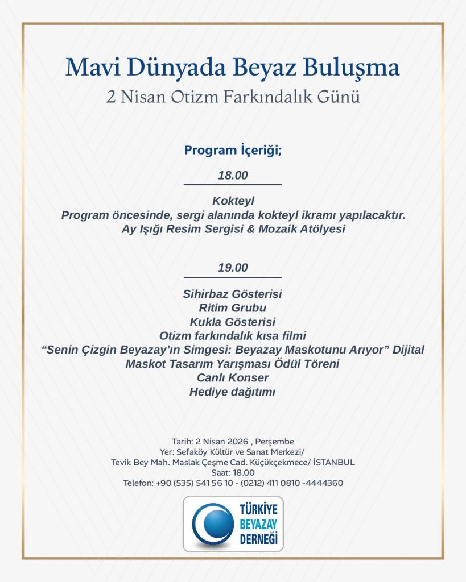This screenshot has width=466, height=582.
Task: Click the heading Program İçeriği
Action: click(x=233, y=151)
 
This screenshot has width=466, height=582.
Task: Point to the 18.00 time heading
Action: click(x=233, y=176)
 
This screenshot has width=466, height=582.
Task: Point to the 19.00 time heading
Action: click(x=233, y=267)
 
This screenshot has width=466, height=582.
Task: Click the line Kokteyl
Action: click(x=233, y=201)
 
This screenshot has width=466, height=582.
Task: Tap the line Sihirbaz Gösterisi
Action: click(x=233, y=294)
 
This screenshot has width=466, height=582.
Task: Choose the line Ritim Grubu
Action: click(x=233, y=308)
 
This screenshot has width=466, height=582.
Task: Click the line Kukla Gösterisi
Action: click(x=233, y=322)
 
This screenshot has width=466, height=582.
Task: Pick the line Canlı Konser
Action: click(x=233, y=377)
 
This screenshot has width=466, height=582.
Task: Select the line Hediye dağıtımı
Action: click(x=233, y=391)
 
